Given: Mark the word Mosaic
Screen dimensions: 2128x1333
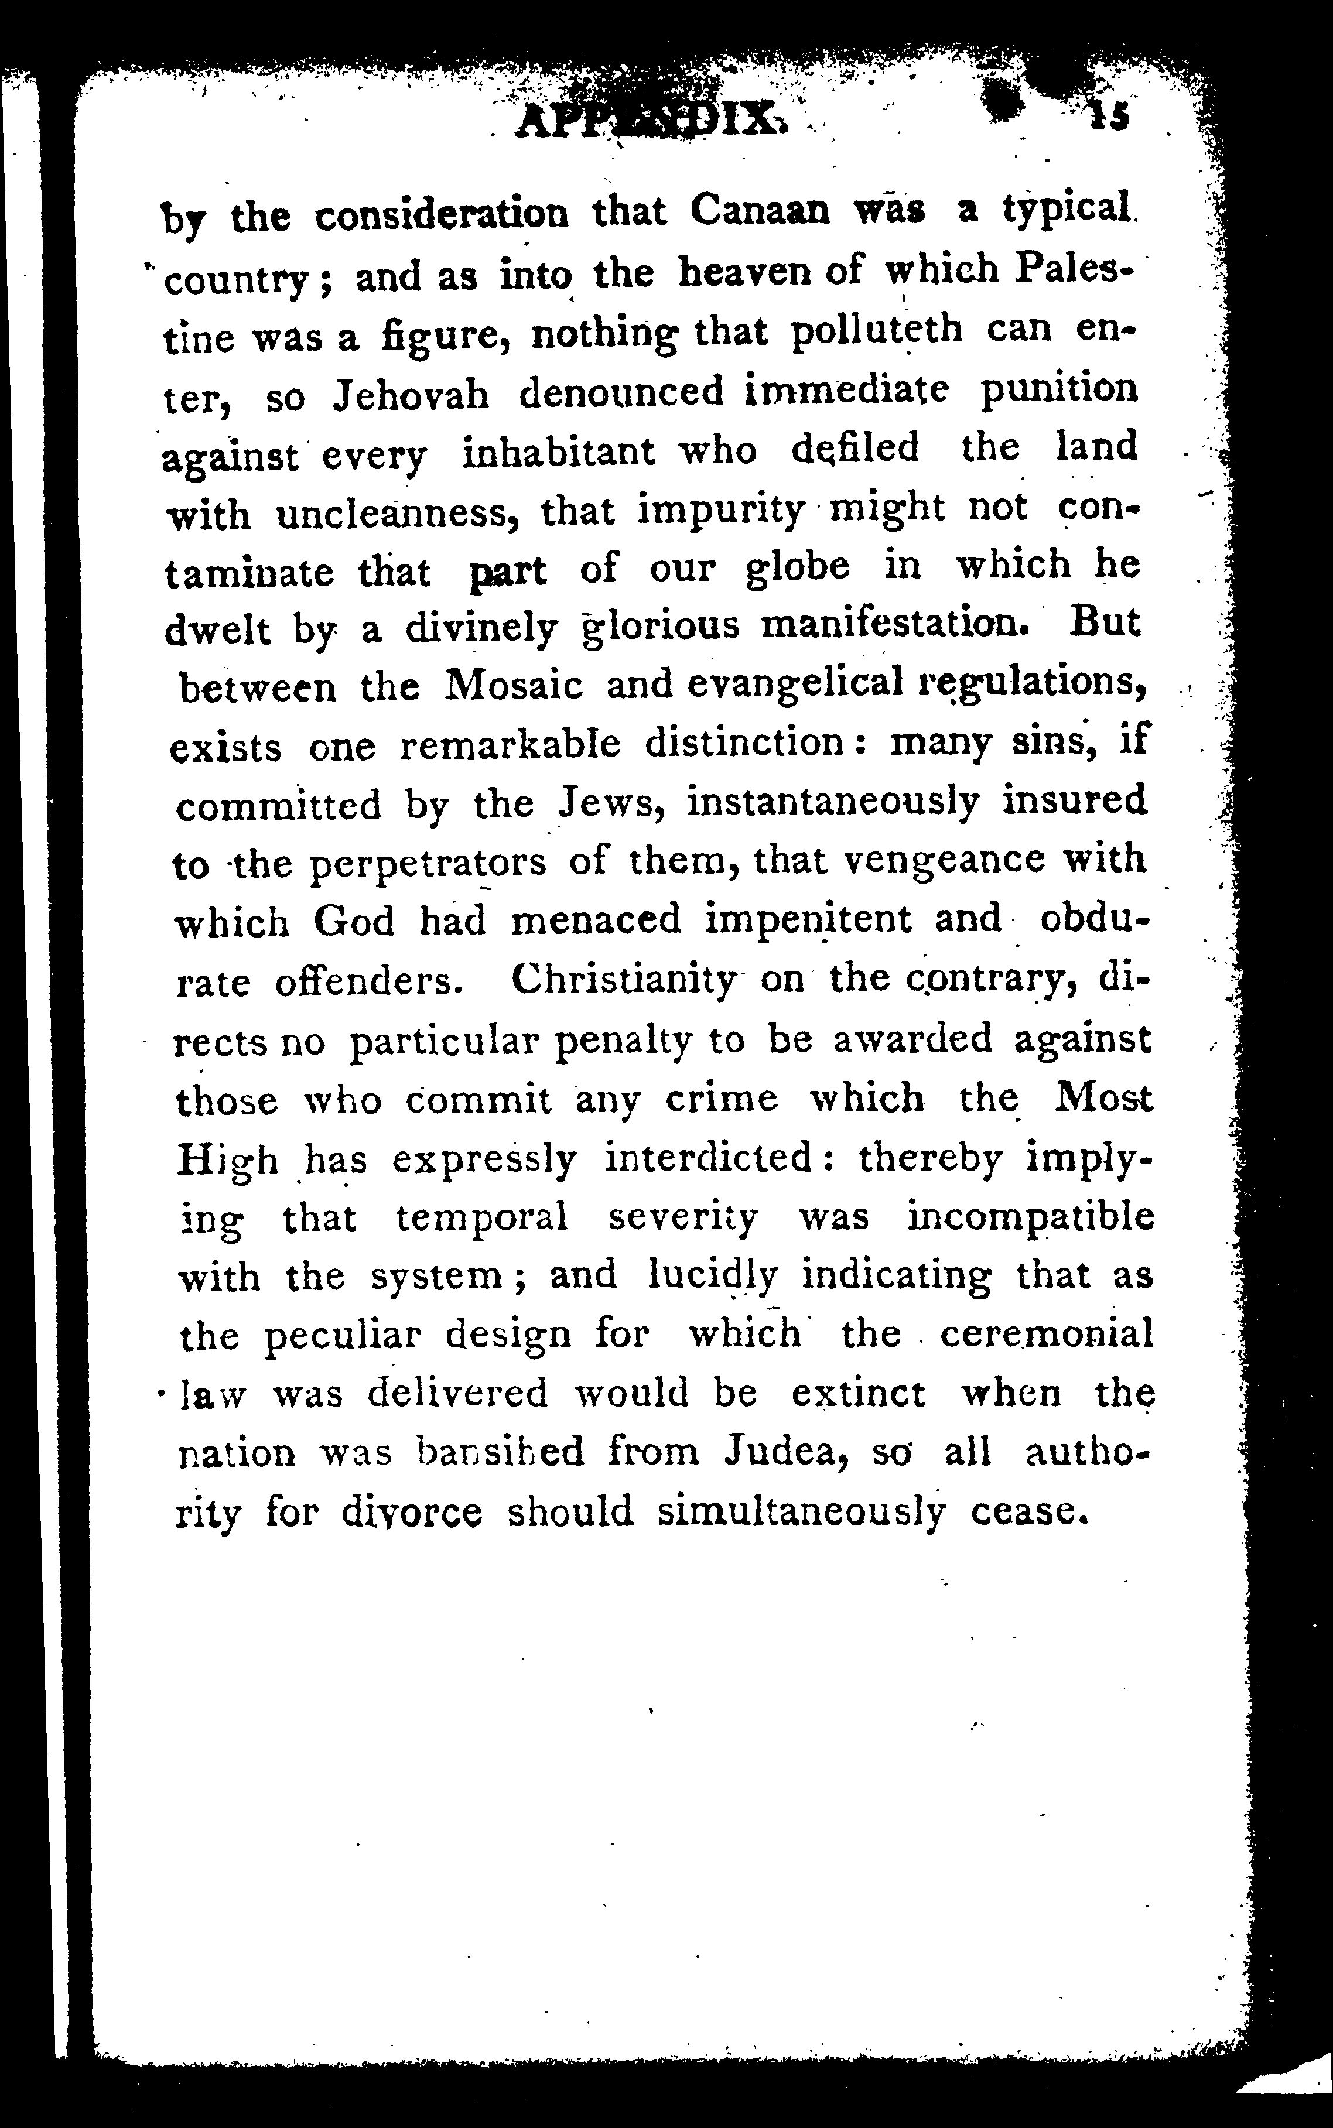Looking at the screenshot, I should [x=514, y=686].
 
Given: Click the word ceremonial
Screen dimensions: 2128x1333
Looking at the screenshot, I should [x=1047, y=1334].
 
